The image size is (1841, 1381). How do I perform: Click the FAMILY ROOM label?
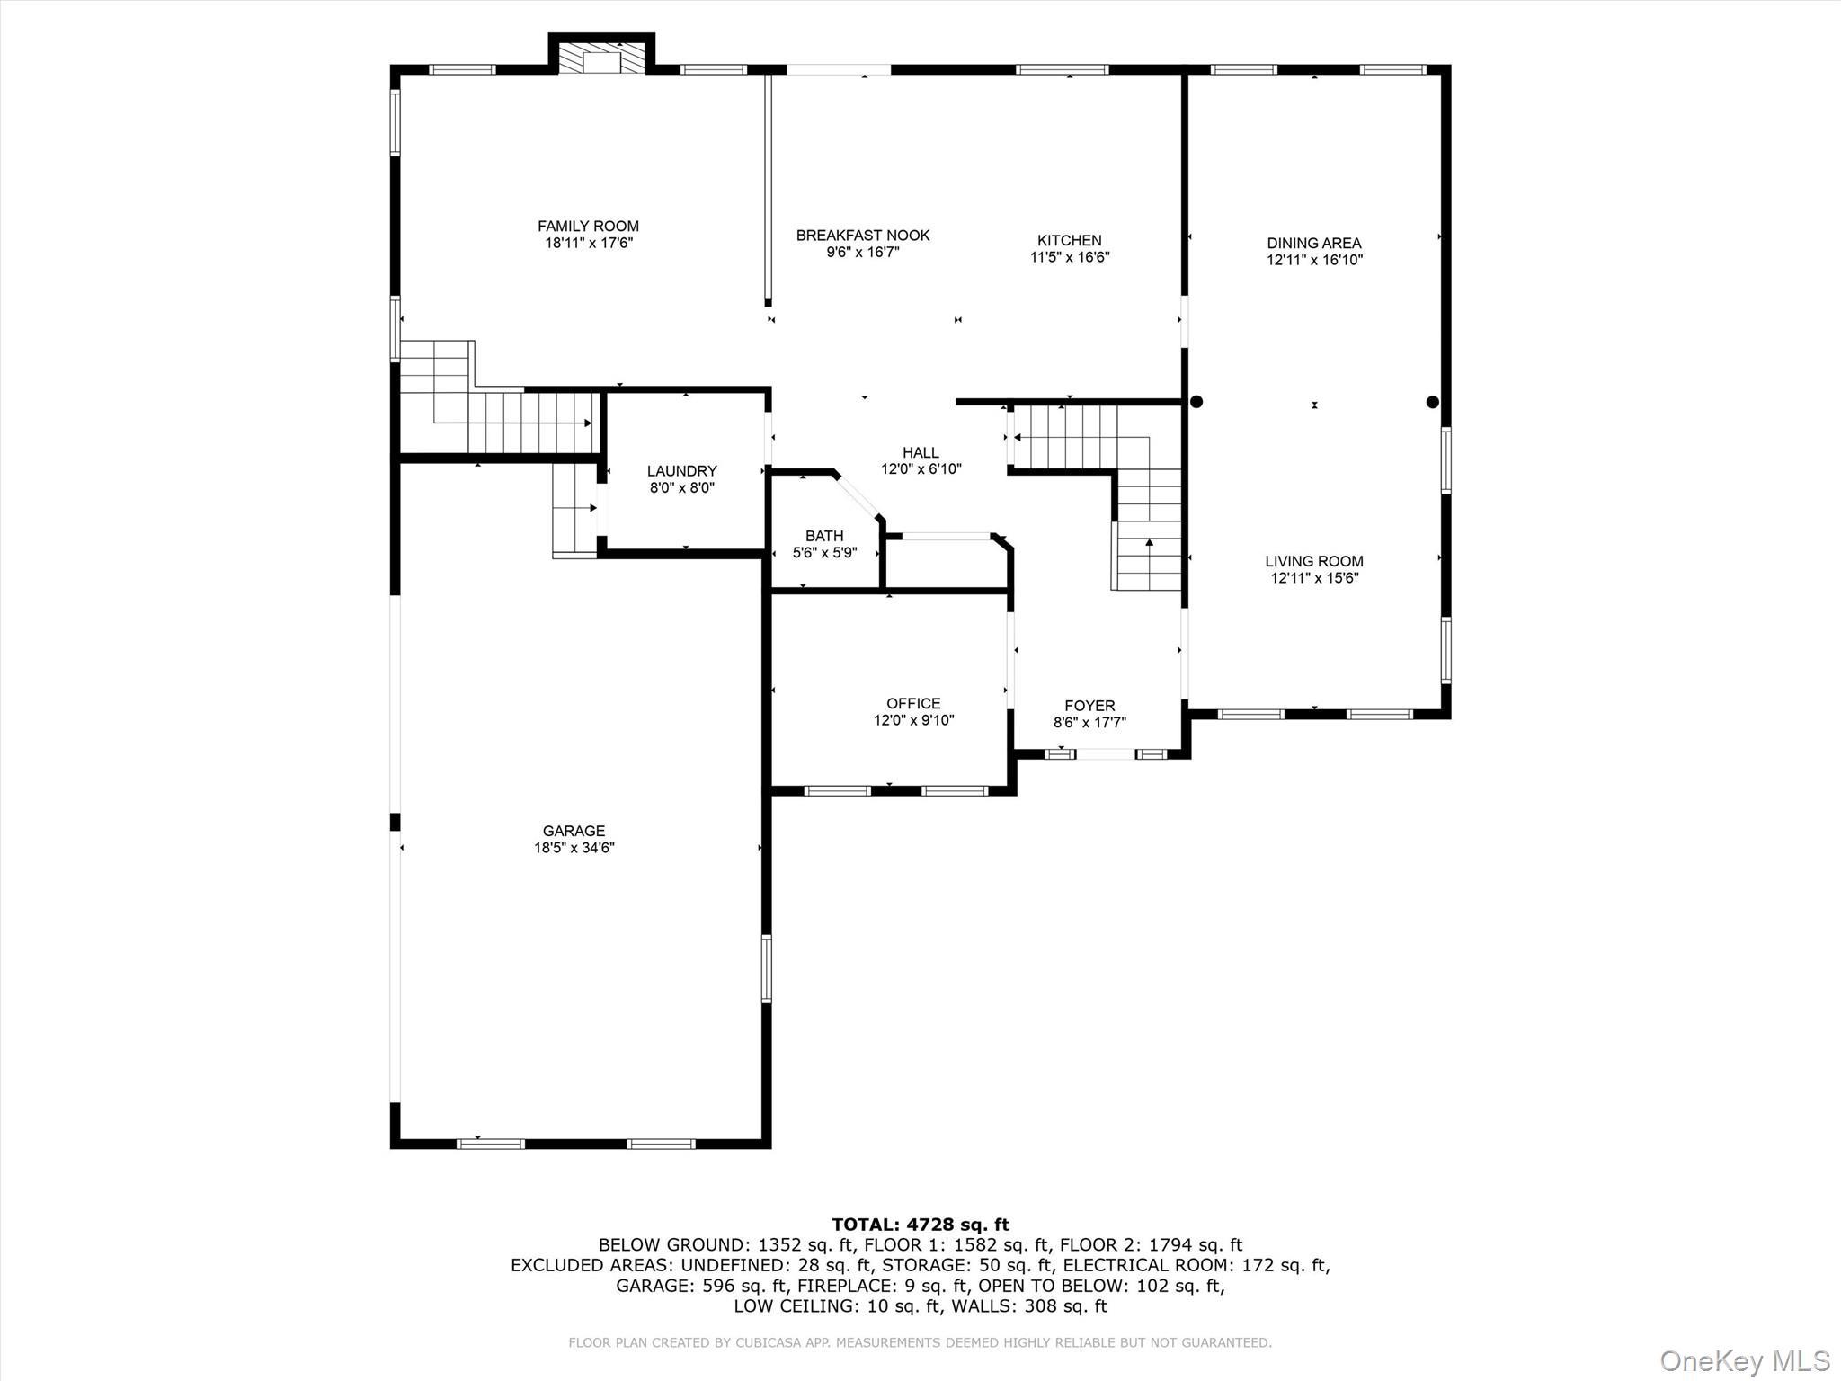[x=588, y=227]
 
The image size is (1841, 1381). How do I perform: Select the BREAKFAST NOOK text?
[x=863, y=236]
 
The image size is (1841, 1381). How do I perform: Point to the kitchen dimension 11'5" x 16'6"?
[x=1070, y=257]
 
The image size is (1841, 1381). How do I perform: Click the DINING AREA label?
[x=1314, y=243]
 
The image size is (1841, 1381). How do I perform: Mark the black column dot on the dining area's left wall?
[x=1196, y=402]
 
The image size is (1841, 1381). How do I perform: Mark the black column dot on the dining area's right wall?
[x=1433, y=402]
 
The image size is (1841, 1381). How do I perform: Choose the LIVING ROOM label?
[x=1314, y=561]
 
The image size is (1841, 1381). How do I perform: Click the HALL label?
[x=920, y=452]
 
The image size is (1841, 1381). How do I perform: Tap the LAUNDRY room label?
[x=682, y=471]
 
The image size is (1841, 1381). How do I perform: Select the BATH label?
[x=824, y=536]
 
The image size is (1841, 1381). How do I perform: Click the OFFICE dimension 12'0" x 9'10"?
[x=913, y=720]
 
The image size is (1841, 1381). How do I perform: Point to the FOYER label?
[x=1089, y=706]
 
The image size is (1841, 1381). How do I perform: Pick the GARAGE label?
[x=574, y=831]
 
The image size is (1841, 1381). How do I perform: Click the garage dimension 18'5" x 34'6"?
[x=574, y=848]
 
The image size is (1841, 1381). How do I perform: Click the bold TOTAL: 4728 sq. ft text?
[x=920, y=1225]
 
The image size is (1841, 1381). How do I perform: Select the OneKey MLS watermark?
[x=1744, y=1360]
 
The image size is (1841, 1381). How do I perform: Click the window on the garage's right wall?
[x=767, y=968]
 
